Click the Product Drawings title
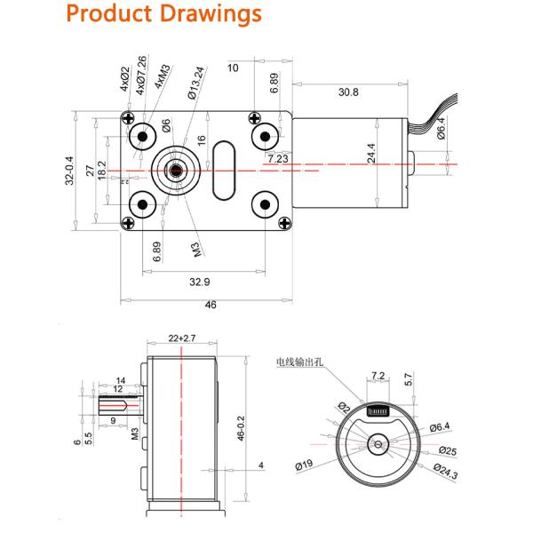click(164, 15)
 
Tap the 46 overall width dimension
click(211, 305)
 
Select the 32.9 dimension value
click(200, 282)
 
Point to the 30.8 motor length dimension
click(347, 91)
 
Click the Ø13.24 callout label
click(192, 83)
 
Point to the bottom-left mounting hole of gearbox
click(142, 205)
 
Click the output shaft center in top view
click(175, 170)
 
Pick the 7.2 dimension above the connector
click(377, 377)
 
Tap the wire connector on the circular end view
click(379, 410)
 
